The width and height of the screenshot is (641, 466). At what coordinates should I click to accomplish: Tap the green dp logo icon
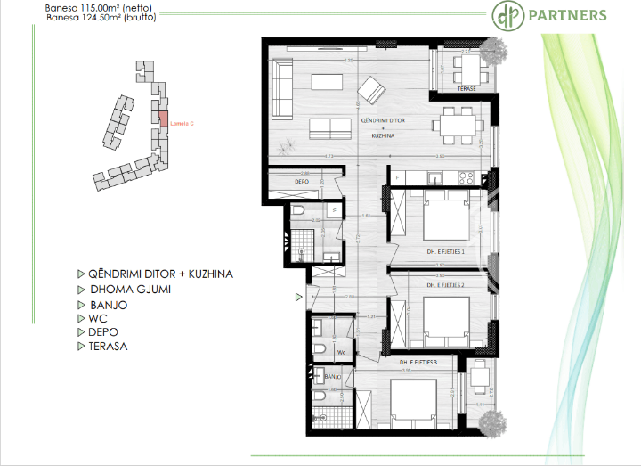[505, 15]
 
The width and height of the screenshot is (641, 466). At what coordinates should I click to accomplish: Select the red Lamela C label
[182, 123]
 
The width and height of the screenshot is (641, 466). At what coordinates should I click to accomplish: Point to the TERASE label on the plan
[467, 89]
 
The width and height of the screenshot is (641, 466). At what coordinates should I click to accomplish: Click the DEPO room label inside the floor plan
[302, 182]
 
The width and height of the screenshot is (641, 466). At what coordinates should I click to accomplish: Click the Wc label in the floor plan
[341, 352]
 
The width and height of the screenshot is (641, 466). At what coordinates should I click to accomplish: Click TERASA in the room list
[108, 346]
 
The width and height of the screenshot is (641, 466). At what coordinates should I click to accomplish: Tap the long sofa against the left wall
[282, 88]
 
